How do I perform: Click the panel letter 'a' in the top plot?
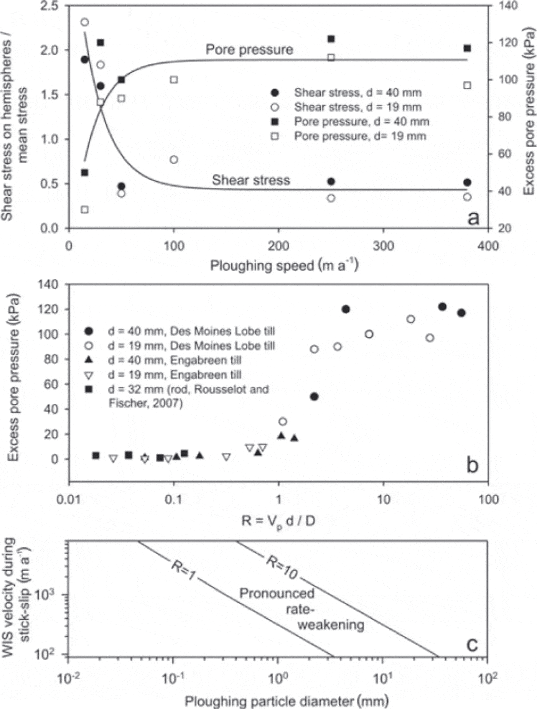click(x=473, y=218)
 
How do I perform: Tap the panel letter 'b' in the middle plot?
click(x=472, y=466)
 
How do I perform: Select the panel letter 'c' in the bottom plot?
click(x=472, y=644)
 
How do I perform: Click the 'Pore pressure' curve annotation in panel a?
click(x=249, y=49)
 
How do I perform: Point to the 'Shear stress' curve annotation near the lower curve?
click(x=251, y=180)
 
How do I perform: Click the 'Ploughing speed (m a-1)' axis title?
click(x=284, y=265)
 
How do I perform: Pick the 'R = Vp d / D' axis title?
click(x=278, y=521)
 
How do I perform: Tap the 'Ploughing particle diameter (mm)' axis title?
click(x=287, y=701)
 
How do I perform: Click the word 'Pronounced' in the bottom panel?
click(x=277, y=594)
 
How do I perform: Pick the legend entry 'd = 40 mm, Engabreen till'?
click(x=174, y=360)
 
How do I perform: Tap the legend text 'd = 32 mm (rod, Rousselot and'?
click(x=188, y=389)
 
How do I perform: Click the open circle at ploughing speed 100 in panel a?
click(x=174, y=160)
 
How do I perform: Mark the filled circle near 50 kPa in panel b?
click(x=314, y=396)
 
